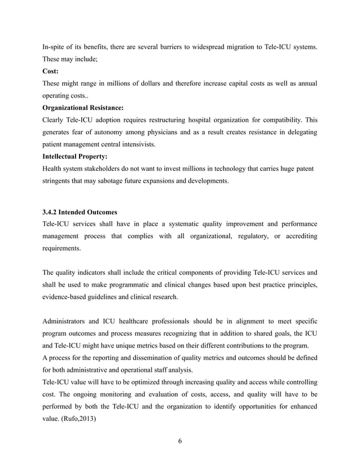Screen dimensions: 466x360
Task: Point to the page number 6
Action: [x=179, y=441]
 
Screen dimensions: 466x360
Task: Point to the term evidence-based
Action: [x=67, y=297]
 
